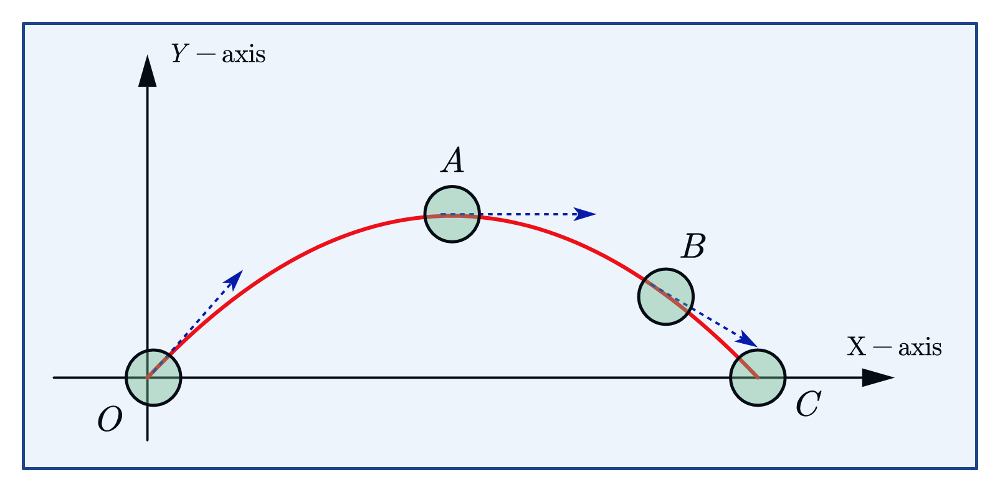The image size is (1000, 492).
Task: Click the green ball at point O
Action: (153, 377)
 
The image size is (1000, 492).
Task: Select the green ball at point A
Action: (452, 214)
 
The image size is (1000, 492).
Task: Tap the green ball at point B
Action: (665, 296)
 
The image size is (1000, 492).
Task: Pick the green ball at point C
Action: (758, 377)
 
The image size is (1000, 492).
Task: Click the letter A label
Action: (453, 161)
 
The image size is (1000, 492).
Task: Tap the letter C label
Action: (808, 405)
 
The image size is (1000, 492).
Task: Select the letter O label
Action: (110, 420)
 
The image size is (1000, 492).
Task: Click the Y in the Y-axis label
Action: (179, 54)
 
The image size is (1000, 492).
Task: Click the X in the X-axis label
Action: (856, 347)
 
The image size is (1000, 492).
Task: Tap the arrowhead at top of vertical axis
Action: (147, 70)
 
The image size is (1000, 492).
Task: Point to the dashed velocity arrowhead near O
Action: (234, 279)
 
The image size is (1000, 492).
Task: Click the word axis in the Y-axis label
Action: (244, 55)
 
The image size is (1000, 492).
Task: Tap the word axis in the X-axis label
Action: (919, 348)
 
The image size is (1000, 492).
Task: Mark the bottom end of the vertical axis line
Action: (147, 439)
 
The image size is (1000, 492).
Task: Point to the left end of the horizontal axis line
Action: (55, 377)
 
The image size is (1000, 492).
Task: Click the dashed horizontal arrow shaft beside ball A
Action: (523, 214)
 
